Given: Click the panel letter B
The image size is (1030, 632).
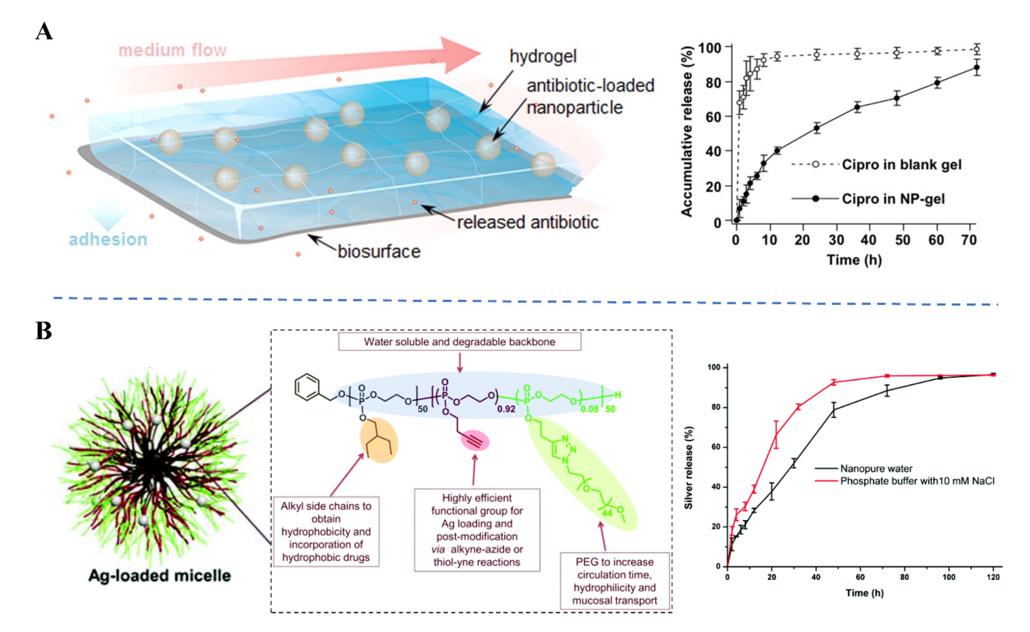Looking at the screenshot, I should click(44, 331).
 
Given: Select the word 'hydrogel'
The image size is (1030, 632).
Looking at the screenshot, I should click(543, 56).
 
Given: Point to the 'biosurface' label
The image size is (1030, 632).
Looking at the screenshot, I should click(379, 252).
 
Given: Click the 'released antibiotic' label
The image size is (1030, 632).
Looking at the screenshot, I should click(528, 222).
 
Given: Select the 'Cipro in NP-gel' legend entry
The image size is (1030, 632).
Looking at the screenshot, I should click(893, 199).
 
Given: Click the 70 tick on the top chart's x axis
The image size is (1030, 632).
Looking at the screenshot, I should click(969, 240).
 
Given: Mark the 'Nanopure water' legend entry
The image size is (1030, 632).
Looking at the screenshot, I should click(876, 469).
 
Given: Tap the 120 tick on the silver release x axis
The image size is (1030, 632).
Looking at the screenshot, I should click(993, 577).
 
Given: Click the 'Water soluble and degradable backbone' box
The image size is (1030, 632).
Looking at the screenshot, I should click(460, 342).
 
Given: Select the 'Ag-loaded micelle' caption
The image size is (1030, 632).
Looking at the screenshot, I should click(159, 576).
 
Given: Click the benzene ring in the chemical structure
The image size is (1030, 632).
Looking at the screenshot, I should click(307, 387).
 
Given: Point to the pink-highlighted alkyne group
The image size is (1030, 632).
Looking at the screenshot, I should click(475, 440).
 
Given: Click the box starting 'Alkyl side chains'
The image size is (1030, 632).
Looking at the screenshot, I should click(326, 532).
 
